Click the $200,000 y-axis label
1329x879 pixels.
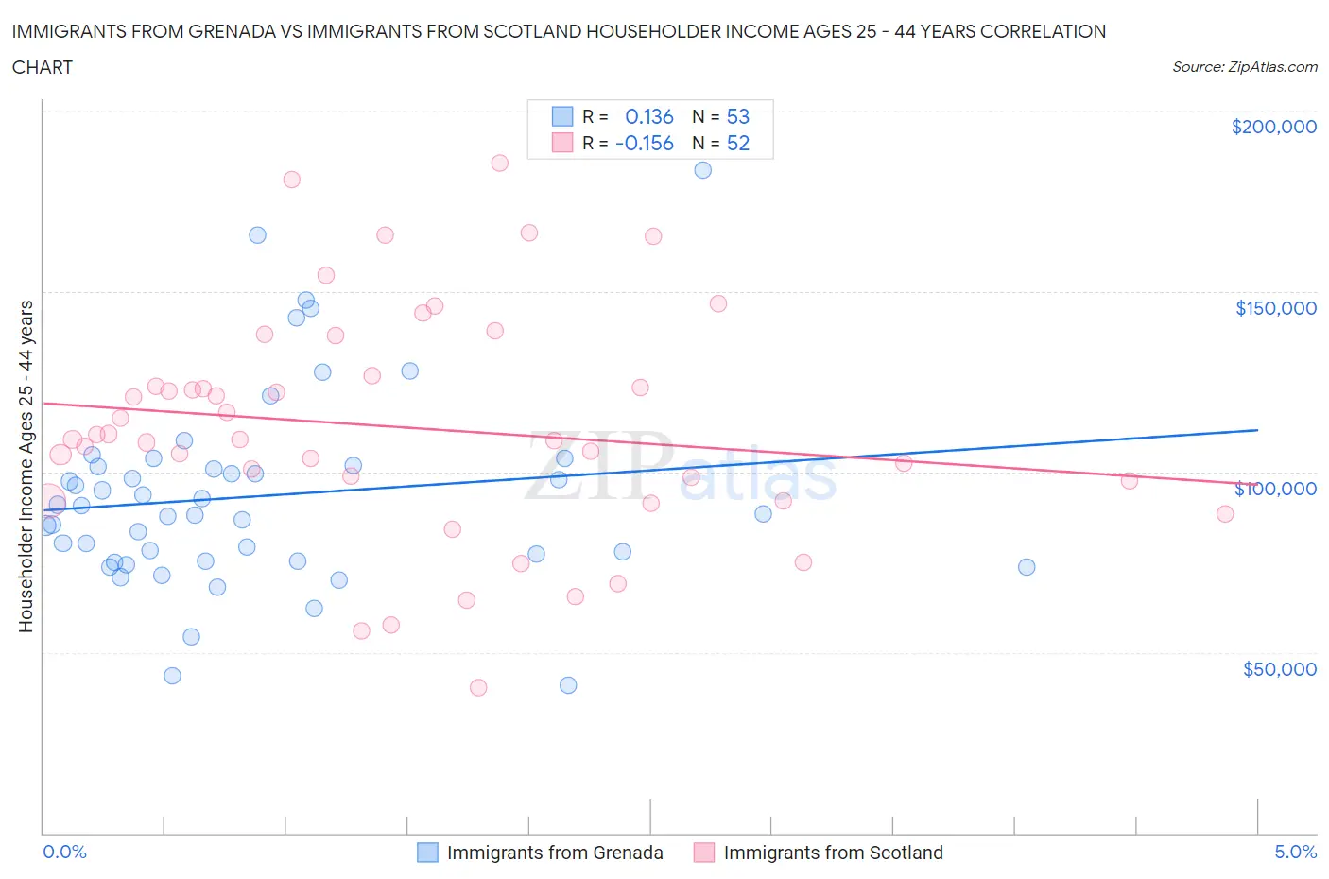pyautogui.click(x=1273, y=127)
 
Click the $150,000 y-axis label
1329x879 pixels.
pyautogui.click(x=1275, y=308)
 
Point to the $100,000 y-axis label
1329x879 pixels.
pyautogui.click(x=1275, y=489)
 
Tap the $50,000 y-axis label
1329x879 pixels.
pyautogui.click(x=1279, y=669)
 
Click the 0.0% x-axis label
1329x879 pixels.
pyautogui.click(x=64, y=852)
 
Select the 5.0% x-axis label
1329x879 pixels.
pyautogui.click(x=1295, y=852)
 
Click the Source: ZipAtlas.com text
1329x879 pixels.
pyautogui.click(x=1244, y=67)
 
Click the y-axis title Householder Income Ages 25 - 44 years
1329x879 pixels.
pyautogui.click(x=26, y=466)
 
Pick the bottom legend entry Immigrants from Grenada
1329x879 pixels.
pyautogui.click(x=554, y=853)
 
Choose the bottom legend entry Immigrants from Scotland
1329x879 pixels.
pyautogui.click(x=833, y=853)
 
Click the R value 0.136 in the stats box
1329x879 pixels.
pyautogui.click(x=649, y=116)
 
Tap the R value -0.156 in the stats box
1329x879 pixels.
pyautogui.click(x=644, y=143)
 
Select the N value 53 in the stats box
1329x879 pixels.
pyautogui.click(x=737, y=116)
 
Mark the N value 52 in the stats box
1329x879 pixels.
pyautogui.click(x=737, y=143)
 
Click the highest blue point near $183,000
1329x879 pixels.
pyautogui.click(x=702, y=170)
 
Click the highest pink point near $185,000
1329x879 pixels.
pyautogui.click(x=499, y=163)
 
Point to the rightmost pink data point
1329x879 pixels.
pyautogui.click(x=1225, y=514)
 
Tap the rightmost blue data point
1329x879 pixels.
pyautogui.click(x=1027, y=567)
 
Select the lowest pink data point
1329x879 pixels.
pyautogui.click(x=478, y=688)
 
